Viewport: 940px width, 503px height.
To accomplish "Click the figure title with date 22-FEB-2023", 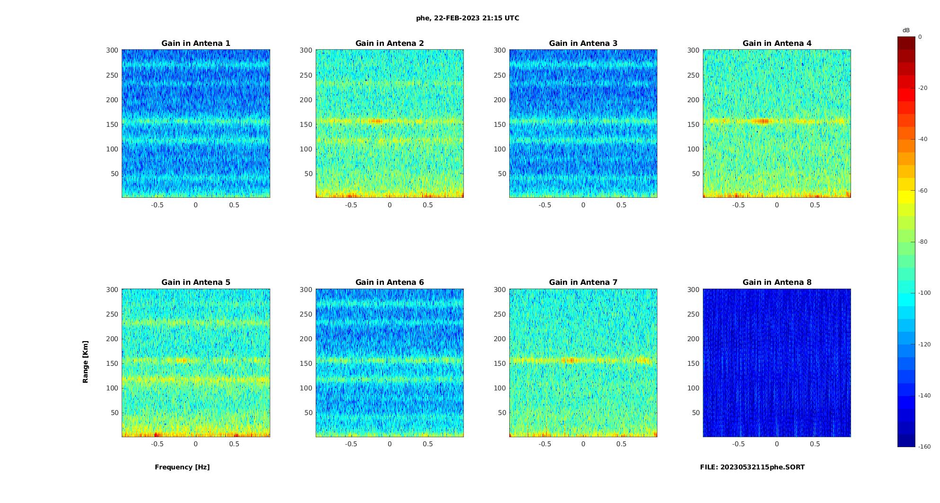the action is pyautogui.click(x=467, y=18).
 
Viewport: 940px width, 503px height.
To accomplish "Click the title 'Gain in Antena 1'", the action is pyautogui.click(x=195, y=43).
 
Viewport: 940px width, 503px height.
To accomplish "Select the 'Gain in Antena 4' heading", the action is pyautogui.click(x=777, y=43).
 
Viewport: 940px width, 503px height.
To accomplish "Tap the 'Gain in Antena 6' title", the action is pyautogui.click(x=390, y=282).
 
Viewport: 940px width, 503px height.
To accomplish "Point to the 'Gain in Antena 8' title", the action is pyautogui.click(x=777, y=282).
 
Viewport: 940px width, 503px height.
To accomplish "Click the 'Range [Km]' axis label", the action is pyautogui.click(x=85, y=362).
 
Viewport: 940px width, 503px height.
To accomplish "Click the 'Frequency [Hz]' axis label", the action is pyautogui.click(x=182, y=467).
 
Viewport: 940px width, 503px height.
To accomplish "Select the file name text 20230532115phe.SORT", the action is pyautogui.click(x=752, y=467).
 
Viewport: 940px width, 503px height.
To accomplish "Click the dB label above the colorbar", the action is pyautogui.click(x=906, y=30).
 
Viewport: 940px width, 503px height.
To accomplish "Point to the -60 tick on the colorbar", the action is pyautogui.click(x=923, y=191).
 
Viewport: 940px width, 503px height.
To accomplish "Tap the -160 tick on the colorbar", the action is pyautogui.click(x=924, y=447).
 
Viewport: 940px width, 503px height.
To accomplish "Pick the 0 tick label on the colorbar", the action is pyautogui.click(x=920, y=37).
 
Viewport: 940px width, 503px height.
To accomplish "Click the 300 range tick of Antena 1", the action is pyautogui.click(x=112, y=50).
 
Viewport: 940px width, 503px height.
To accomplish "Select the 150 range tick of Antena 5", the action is pyautogui.click(x=112, y=363).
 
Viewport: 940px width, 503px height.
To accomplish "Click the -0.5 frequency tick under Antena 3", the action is pyautogui.click(x=545, y=205).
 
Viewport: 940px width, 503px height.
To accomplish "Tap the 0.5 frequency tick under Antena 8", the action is pyautogui.click(x=815, y=444).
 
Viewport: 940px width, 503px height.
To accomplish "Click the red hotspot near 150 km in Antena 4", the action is pyautogui.click(x=762, y=121).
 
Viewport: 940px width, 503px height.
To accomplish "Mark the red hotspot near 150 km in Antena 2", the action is pyautogui.click(x=376, y=121).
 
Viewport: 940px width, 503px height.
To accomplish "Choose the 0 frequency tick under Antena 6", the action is pyautogui.click(x=390, y=444).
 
